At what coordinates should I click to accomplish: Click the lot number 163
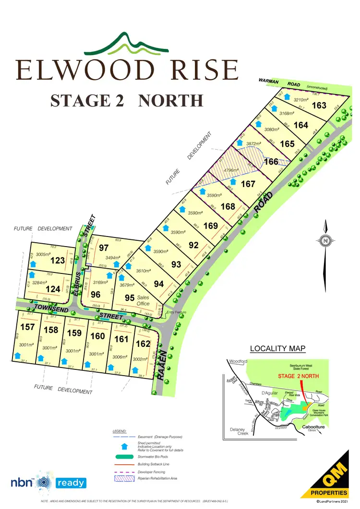[319, 106]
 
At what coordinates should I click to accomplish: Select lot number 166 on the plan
[271, 162]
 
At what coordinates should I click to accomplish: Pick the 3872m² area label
[253, 143]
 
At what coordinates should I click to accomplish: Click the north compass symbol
[325, 241]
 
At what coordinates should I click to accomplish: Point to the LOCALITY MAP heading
[278, 348]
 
